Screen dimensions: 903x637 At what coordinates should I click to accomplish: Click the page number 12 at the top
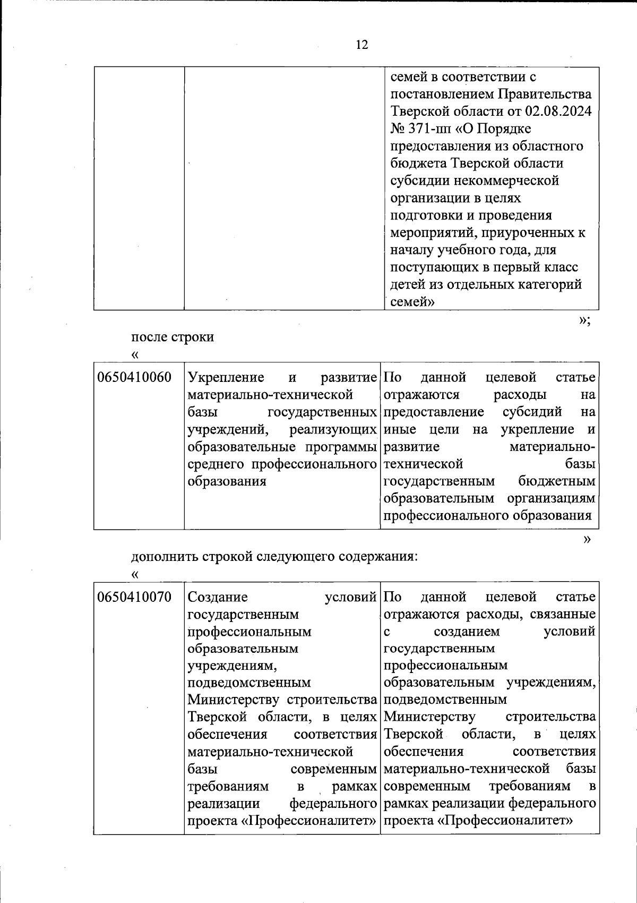click(361, 45)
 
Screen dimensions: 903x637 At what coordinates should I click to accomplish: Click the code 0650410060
click(134, 378)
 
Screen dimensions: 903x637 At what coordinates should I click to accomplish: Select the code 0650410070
click(134, 597)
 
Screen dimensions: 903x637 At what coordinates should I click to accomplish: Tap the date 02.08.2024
click(558, 112)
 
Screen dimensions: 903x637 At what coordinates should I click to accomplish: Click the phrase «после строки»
click(173, 337)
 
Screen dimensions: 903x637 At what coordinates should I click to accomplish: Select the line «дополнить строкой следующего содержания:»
click(274, 557)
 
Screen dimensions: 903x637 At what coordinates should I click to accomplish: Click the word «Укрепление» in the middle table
click(226, 378)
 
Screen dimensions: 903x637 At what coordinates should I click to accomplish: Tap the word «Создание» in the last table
click(218, 597)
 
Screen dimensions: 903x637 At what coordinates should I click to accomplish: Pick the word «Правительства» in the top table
click(545, 95)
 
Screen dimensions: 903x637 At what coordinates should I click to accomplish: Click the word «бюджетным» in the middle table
click(557, 481)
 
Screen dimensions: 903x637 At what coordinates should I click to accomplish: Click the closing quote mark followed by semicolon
click(584, 320)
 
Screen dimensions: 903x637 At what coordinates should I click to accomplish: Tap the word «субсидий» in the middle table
click(532, 412)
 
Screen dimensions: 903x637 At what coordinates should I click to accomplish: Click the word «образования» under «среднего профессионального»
click(227, 481)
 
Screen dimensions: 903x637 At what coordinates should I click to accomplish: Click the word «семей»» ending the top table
click(412, 302)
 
